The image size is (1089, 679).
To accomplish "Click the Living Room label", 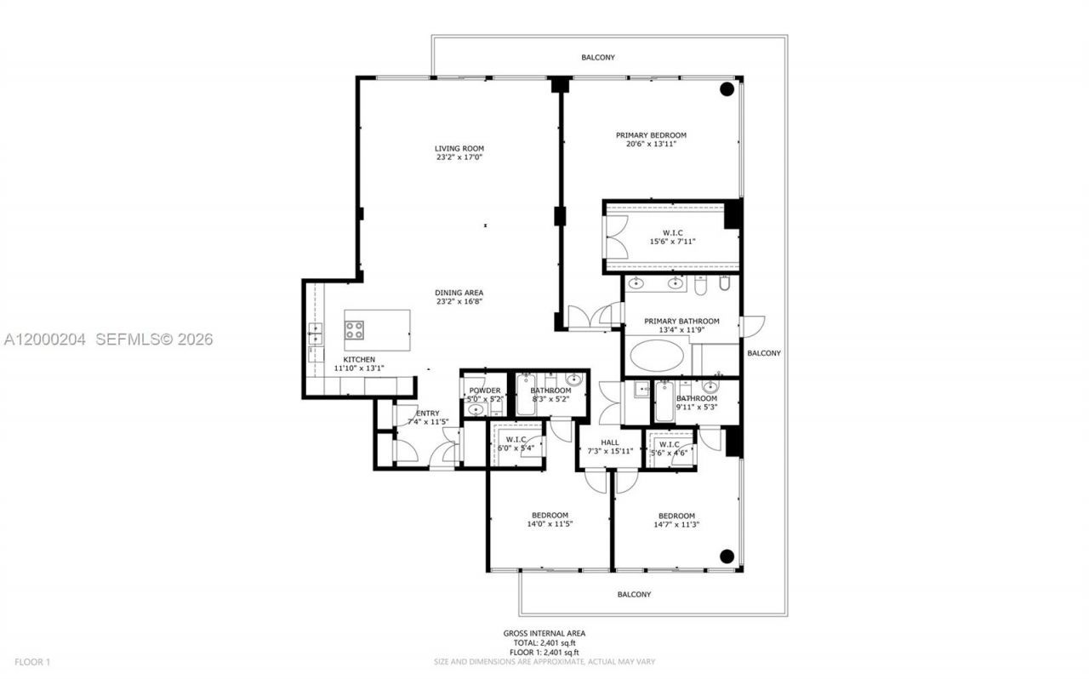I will click(x=459, y=149).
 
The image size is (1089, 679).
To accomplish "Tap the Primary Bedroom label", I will click(x=651, y=135).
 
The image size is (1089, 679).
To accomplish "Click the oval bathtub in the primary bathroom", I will click(x=655, y=355).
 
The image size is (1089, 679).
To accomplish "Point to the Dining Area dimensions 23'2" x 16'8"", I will click(x=459, y=301).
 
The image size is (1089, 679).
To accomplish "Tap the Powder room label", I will click(x=484, y=391).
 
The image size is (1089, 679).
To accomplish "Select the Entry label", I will click(x=427, y=414).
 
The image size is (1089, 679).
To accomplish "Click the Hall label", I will click(x=609, y=442).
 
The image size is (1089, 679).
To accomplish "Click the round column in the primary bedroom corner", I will click(x=727, y=89).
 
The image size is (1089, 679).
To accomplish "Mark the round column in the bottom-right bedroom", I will click(x=727, y=556).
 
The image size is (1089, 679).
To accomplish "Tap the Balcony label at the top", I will click(x=598, y=58).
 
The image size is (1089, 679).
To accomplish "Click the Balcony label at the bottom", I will click(x=634, y=595).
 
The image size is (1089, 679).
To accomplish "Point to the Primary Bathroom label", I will click(x=681, y=322).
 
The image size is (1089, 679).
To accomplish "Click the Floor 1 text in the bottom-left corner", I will click(x=32, y=661).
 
